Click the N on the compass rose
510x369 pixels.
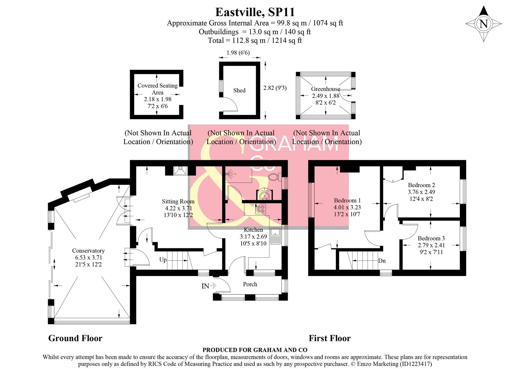pos(483,24)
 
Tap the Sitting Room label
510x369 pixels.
pos(178,202)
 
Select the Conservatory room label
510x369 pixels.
pos(88,251)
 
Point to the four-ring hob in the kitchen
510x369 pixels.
pos(261,208)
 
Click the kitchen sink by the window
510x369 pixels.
pos(275,236)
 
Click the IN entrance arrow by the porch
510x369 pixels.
pos(209,286)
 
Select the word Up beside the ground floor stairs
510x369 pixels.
pos(163,260)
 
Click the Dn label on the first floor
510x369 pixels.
pos(382,261)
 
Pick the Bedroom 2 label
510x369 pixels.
pos(421,185)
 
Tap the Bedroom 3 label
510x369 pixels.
pos(431,238)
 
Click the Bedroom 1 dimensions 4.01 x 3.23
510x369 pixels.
pos(347,207)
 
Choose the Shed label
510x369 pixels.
pos(239,91)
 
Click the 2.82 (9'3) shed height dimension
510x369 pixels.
pos(275,88)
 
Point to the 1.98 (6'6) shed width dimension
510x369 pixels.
pos(238,53)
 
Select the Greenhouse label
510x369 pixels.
pos(325,89)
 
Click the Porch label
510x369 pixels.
pos(250,284)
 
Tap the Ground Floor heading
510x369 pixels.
pos(75,338)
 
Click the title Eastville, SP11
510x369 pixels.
pos(255,12)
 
